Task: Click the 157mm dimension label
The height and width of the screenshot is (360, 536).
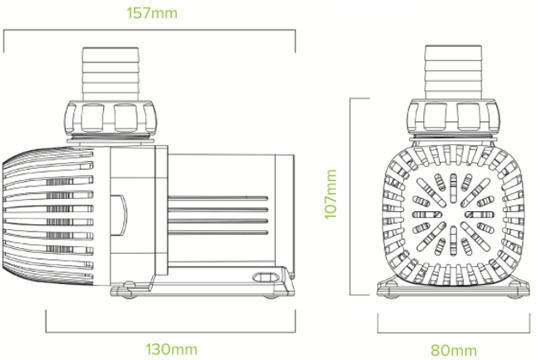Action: pyautogui.click(x=152, y=13)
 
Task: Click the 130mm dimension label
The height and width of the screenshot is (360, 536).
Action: pyautogui.click(x=172, y=349)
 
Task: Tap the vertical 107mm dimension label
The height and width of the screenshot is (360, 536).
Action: pyautogui.click(x=331, y=194)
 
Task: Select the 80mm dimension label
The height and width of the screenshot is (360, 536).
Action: pyautogui.click(x=453, y=350)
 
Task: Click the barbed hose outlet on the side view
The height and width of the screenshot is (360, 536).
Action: pyautogui.click(x=110, y=74)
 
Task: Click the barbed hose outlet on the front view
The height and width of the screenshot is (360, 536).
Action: pyautogui.click(x=453, y=72)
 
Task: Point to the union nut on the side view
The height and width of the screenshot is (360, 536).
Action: pyautogui.click(x=110, y=118)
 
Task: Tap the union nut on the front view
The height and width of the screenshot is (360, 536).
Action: pyautogui.click(x=454, y=116)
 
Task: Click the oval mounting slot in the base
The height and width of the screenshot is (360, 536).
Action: pyautogui.click(x=264, y=277)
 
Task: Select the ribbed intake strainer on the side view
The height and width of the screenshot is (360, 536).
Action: pyautogui.click(x=48, y=216)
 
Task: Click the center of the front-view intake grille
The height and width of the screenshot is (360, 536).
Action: pyautogui.click(x=453, y=215)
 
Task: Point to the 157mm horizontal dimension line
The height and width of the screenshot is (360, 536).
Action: pyautogui.click(x=149, y=30)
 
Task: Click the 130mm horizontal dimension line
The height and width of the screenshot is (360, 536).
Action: pyautogui.click(x=171, y=332)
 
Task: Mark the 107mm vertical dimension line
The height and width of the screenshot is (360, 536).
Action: pyautogui.click(x=350, y=196)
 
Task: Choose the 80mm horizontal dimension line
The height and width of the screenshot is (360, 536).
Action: pyautogui.click(x=453, y=332)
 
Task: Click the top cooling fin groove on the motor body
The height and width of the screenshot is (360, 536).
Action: pyautogui.click(x=218, y=198)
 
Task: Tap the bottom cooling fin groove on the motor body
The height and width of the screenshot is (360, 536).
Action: pyautogui.click(x=218, y=233)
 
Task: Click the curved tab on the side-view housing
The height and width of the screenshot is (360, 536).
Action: pyautogui.click(x=119, y=215)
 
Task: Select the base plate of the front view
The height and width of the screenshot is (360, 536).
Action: pyautogui.click(x=453, y=291)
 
